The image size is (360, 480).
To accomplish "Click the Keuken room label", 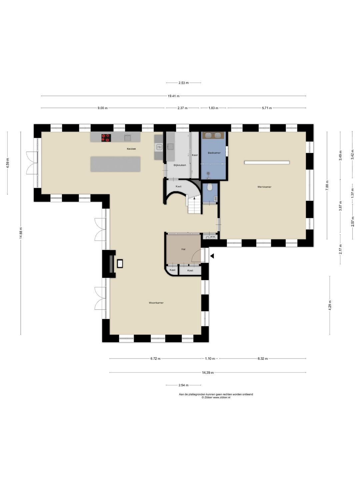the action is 131,149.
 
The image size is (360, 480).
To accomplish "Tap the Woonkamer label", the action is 156,303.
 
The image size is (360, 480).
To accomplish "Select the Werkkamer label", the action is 264,187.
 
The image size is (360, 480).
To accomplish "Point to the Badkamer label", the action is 214,153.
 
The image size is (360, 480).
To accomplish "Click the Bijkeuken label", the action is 180,165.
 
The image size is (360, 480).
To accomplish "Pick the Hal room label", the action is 183,249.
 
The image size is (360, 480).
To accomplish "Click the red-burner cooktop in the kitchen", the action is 106,138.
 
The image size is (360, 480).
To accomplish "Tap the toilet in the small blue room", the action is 210,187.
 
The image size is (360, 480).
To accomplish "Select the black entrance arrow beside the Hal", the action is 212,256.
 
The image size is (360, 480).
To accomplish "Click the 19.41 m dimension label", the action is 174,96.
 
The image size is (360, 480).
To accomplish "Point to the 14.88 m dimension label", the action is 21,233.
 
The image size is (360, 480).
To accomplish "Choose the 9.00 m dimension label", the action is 103,108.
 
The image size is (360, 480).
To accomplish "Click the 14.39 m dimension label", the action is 208,373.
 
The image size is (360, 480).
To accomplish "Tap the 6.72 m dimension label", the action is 155,359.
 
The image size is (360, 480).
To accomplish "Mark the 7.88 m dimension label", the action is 327,185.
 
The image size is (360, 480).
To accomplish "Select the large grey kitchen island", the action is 115,164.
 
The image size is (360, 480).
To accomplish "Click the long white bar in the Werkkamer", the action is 267,162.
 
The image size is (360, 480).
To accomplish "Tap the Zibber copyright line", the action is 216,397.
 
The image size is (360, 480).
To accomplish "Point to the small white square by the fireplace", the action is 120,264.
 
